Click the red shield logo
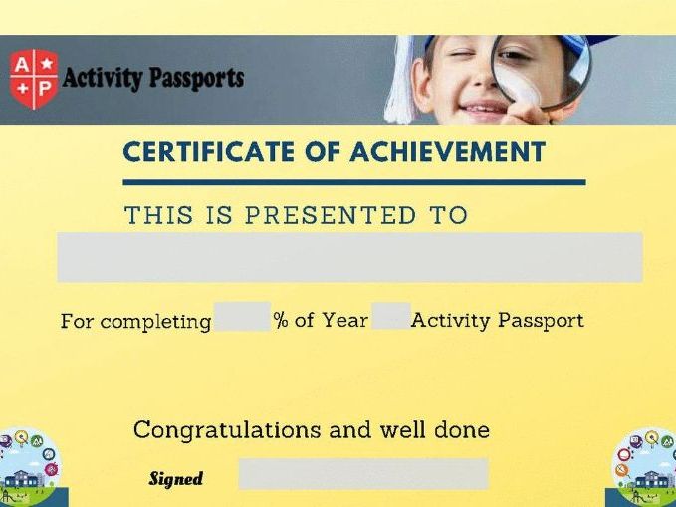[x=34, y=79]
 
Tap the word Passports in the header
[x=196, y=78]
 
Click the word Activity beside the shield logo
[x=103, y=78]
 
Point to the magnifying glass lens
[x=541, y=71]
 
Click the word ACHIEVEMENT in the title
[x=447, y=151]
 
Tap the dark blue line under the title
[x=354, y=182]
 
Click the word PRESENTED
[x=331, y=215]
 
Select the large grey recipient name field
[x=349, y=257]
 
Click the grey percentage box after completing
[x=242, y=317]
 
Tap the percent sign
[x=281, y=320]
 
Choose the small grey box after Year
[x=391, y=316]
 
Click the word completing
[x=155, y=323]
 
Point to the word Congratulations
[x=227, y=430]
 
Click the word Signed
[x=176, y=479]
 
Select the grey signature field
[x=363, y=474]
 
